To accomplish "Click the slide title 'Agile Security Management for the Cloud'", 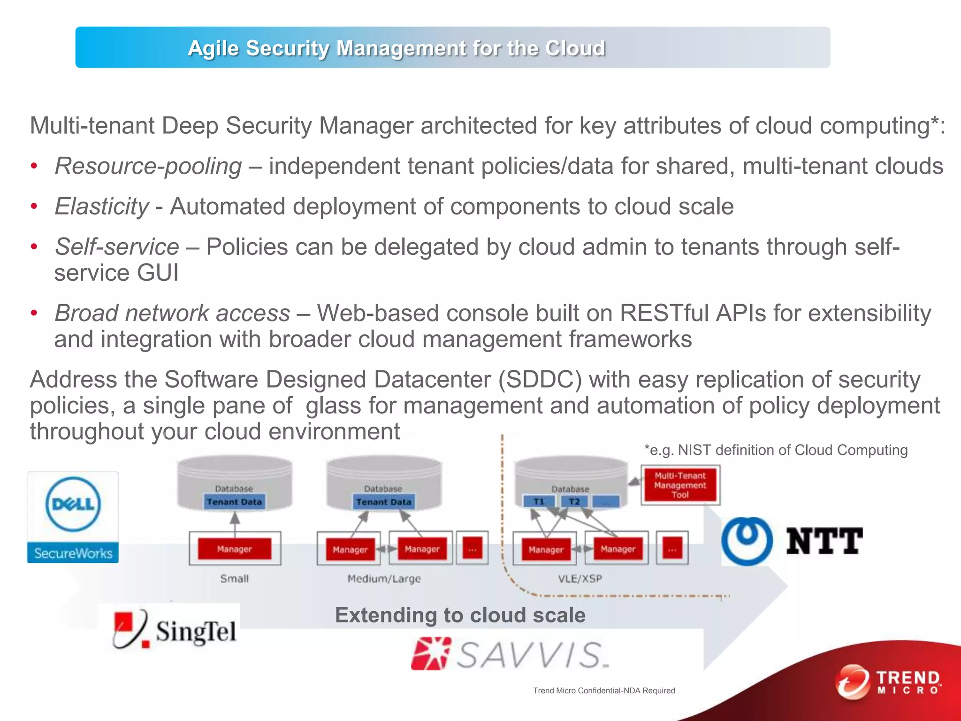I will (397, 48).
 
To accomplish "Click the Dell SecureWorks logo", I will (73, 517).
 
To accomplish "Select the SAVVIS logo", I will (510, 654).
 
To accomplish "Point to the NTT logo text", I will (824, 541).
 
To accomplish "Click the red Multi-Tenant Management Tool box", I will (680, 485).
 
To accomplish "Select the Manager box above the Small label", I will (235, 549).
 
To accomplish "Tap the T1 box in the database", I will (539, 502).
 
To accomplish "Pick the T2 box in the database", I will (574, 502).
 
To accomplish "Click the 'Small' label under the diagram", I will (235, 578).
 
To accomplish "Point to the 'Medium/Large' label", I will (384, 578).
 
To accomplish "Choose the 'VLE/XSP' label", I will (580, 578).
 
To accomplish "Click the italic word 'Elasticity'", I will (102, 207).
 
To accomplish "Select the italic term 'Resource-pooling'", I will (148, 166).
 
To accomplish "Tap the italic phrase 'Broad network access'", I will (172, 313).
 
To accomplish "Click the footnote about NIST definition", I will (776, 450).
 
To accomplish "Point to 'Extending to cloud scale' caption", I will (460, 615).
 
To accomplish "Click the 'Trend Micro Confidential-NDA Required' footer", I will (604, 690).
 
